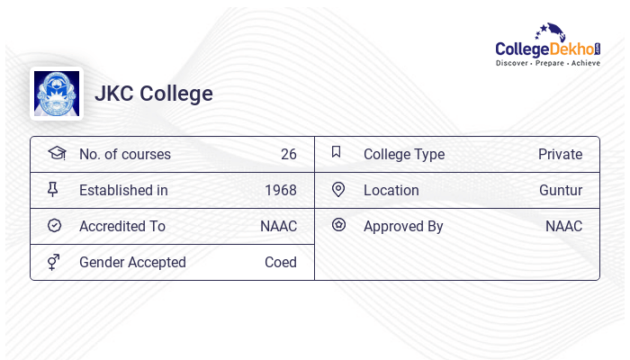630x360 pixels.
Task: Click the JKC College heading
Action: click(x=154, y=94)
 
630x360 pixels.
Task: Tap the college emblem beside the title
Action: click(x=56, y=94)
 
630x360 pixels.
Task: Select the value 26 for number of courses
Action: click(x=288, y=155)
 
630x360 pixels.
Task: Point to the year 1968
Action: click(x=280, y=191)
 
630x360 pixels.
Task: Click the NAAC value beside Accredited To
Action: click(x=278, y=227)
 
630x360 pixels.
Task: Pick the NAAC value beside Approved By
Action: click(x=563, y=227)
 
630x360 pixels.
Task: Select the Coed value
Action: click(x=280, y=263)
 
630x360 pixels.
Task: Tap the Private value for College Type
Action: click(x=560, y=155)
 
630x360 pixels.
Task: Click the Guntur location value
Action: click(x=561, y=191)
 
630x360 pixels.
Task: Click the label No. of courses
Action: click(x=124, y=155)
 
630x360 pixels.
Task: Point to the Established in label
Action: click(x=123, y=191)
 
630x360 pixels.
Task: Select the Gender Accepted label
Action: click(x=132, y=263)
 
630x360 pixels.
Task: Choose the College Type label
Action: click(x=404, y=155)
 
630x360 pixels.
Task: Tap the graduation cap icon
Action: click(x=56, y=153)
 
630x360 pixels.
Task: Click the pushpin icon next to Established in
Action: click(x=53, y=190)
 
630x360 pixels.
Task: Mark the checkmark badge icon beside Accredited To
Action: click(x=54, y=226)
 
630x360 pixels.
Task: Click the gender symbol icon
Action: click(x=54, y=262)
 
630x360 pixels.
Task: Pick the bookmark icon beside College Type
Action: click(x=337, y=152)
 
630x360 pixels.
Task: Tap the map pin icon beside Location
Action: click(x=338, y=190)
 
